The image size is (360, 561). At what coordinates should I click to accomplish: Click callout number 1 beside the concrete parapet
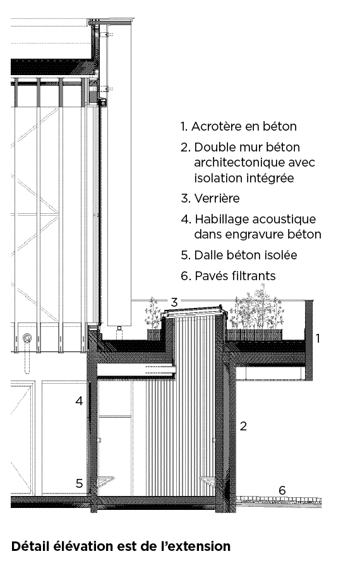tap(318, 338)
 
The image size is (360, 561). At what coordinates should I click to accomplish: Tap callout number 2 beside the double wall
tap(243, 426)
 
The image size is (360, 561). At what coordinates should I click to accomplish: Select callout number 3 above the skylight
tap(174, 302)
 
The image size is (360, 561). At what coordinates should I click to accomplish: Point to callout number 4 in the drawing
tap(79, 401)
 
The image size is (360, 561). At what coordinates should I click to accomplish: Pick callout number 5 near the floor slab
tap(79, 483)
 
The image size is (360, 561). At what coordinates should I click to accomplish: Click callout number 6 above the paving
tap(282, 490)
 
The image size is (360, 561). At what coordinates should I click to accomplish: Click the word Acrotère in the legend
tap(215, 126)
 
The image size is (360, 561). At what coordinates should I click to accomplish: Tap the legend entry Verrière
tap(217, 198)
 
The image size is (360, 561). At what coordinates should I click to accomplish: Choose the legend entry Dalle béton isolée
tap(246, 255)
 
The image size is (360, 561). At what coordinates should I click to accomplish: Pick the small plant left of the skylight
tap(153, 313)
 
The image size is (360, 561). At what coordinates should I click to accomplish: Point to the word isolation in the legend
tap(217, 178)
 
